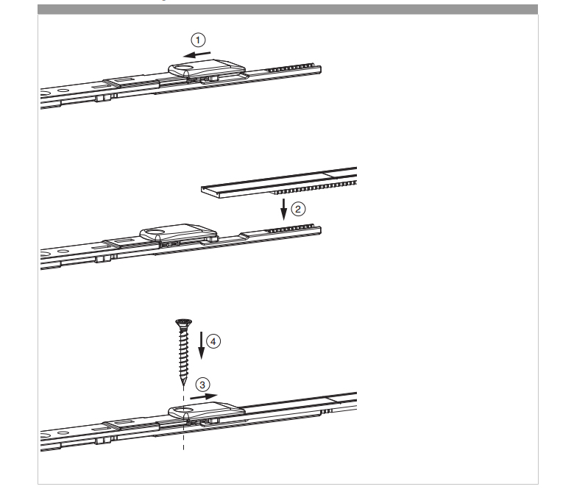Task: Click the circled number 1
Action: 198,40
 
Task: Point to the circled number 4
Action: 213,341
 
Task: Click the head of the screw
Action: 183,322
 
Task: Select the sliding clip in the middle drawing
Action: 180,235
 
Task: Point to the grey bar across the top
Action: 287,9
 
